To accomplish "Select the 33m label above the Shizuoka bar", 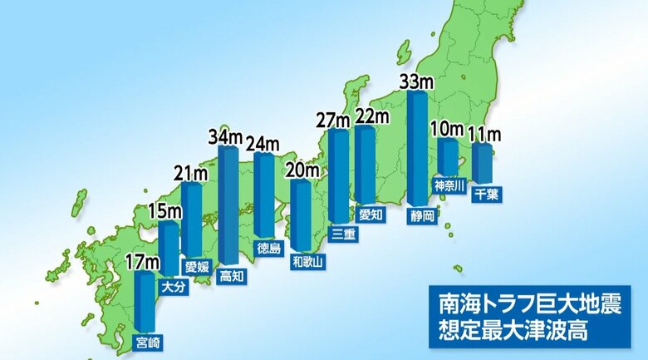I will [x=416, y=81].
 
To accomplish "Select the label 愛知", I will [x=371, y=215].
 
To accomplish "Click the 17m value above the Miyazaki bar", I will [x=142, y=263].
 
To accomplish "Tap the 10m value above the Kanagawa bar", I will [x=447, y=130].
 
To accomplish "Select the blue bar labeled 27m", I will [x=338, y=175].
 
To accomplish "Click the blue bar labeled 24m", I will [x=264, y=195].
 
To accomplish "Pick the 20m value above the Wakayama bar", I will [x=302, y=172].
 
